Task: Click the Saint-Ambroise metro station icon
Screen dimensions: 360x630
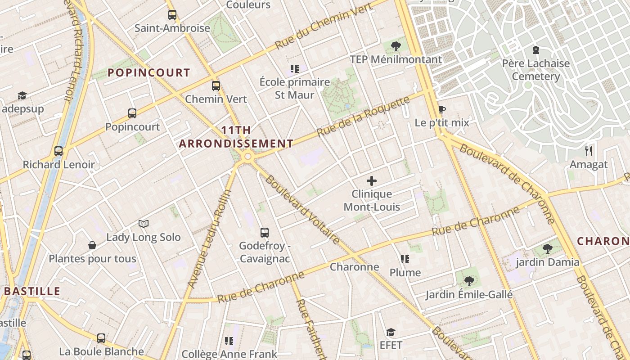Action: pos(172,15)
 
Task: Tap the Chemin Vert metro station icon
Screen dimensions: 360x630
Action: pos(216,85)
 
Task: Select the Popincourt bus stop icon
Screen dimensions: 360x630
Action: pos(132,113)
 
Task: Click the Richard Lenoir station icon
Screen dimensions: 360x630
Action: pos(58,151)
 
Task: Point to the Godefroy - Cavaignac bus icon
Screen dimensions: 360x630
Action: pos(265,233)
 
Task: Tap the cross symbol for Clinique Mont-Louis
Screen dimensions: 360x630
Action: pos(372,181)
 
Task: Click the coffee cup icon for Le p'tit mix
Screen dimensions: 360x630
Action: pos(442,109)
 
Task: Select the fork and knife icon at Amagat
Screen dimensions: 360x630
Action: pos(588,151)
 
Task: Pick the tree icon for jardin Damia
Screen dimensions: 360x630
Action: pos(547,248)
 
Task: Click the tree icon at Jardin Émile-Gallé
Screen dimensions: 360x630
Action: pos(469,281)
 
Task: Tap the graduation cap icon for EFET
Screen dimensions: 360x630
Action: pos(391,332)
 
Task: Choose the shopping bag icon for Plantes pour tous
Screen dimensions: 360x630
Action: pos(92,245)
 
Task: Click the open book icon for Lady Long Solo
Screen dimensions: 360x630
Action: pos(144,224)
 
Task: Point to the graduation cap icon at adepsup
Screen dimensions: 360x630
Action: pos(22,95)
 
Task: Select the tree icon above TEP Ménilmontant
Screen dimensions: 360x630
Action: pos(396,46)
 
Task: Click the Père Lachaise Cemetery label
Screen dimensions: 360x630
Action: pos(535,70)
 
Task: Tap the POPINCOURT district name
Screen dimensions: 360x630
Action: pos(148,72)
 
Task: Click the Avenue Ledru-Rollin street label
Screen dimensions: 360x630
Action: pos(209,238)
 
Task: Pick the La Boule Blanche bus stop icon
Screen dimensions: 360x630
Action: pos(101,338)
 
